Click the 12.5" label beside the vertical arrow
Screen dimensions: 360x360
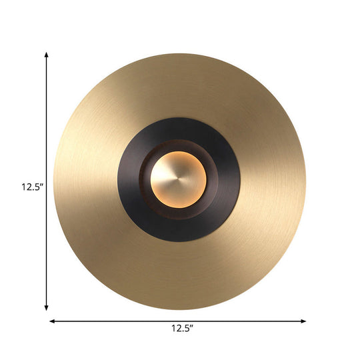[31, 187]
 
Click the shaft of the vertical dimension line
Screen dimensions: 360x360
[46, 133]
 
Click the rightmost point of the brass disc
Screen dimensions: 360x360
[306, 181]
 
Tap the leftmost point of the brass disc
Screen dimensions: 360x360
[53, 181]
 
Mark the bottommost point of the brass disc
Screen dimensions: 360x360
[180, 309]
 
